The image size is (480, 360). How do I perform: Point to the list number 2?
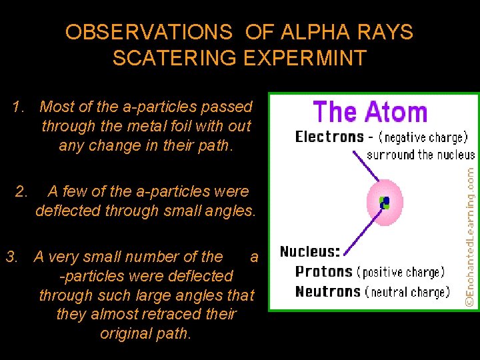(x=21, y=192)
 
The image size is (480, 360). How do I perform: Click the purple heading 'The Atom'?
(x=370, y=111)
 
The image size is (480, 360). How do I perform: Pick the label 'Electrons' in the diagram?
(x=329, y=137)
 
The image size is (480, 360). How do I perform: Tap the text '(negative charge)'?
(x=422, y=137)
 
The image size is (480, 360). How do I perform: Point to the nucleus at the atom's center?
(x=384, y=202)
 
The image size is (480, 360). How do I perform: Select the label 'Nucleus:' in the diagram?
(x=310, y=252)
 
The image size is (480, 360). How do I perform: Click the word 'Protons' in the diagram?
(x=323, y=271)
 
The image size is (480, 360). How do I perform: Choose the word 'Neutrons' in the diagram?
(x=327, y=291)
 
